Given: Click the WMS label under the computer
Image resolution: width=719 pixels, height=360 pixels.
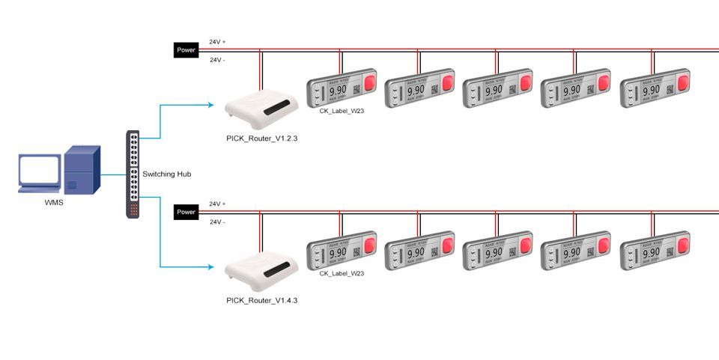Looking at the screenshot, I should (x=54, y=203).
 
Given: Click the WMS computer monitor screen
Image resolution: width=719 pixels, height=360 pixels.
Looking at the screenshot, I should (x=39, y=171).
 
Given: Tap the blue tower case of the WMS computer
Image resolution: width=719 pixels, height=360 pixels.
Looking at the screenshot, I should (x=82, y=170).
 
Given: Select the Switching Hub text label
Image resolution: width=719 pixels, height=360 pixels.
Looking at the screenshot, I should (x=167, y=174).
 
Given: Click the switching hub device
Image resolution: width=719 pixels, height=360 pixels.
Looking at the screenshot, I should (x=133, y=174).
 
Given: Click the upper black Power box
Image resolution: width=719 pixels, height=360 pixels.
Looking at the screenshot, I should (x=186, y=51).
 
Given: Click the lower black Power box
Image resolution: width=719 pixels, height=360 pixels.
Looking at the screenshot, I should (x=186, y=213).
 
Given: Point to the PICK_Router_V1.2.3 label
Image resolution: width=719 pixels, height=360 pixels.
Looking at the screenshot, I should (x=256, y=138).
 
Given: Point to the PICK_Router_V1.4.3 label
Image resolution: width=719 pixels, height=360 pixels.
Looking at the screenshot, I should (x=256, y=300).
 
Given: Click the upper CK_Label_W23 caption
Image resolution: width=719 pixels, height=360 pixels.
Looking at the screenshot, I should (x=342, y=112).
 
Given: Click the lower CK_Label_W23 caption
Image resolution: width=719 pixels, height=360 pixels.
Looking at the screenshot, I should (x=342, y=273).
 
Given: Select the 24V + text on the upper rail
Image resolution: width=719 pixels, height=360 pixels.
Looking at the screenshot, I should (x=217, y=42).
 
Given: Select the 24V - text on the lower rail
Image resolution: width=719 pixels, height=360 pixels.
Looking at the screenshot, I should (x=217, y=222).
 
